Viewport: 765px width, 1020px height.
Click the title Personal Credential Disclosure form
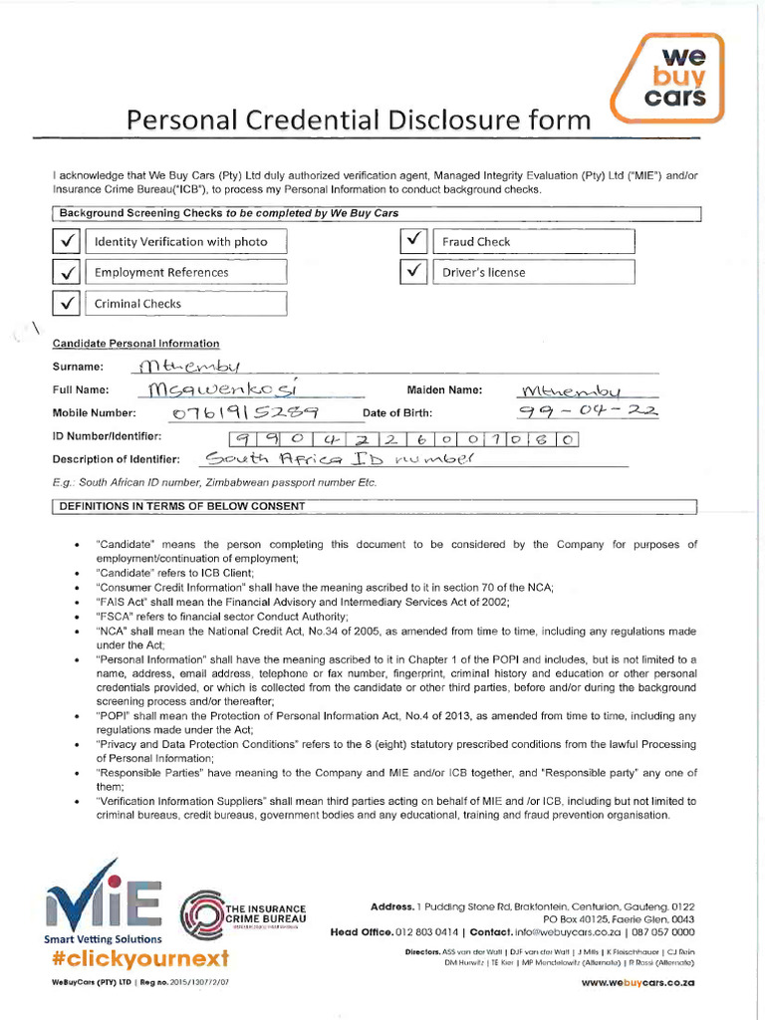[x=358, y=121]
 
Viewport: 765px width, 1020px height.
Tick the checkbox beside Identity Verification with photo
[x=67, y=241]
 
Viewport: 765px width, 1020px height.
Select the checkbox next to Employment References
[x=67, y=272]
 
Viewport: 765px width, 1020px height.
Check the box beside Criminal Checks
[x=67, y=304]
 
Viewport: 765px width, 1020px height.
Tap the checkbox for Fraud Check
[x=414, y=241]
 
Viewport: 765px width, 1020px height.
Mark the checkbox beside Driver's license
[x=414, y=272]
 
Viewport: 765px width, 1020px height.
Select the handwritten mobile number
[x=231, y=413]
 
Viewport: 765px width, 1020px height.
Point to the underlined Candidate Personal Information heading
[x=135, y=343]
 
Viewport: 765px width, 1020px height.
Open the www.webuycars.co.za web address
[x=637, y=983]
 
